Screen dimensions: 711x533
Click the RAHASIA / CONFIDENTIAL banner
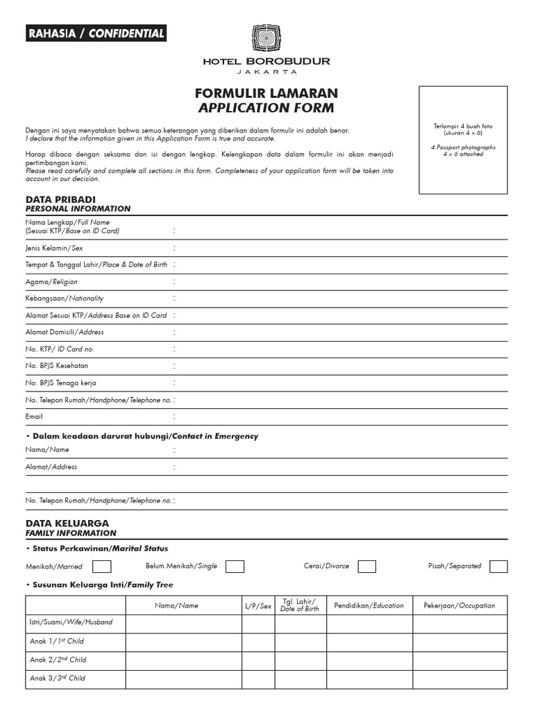(x=96, y=33)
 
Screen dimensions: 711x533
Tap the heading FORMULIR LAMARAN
(x=266, y=92)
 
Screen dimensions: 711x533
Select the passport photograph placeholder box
(x=463, y=140)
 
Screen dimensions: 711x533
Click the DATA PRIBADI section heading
(x=60, y=199)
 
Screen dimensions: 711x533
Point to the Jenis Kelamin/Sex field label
(x=53, y=247)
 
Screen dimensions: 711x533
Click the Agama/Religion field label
(x=51, y=282)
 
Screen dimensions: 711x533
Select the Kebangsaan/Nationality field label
(x=65, y=299)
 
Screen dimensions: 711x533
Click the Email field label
(x=34, y=417)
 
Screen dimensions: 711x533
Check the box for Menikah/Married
(x=102, y=566)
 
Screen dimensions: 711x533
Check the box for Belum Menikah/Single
(x=235, y=566)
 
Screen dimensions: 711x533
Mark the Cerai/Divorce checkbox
(x=366, y=566)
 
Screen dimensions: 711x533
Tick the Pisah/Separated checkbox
(x=498, y=566)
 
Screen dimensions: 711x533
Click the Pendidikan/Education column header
(x=369, y=605)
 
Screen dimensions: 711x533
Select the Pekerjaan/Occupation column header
(x=459, y=605)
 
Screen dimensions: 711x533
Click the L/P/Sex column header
(x=257, y=605)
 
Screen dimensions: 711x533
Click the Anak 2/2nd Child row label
(x=58, y=660)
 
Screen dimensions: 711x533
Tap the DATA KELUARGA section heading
(x=67, y=523)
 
